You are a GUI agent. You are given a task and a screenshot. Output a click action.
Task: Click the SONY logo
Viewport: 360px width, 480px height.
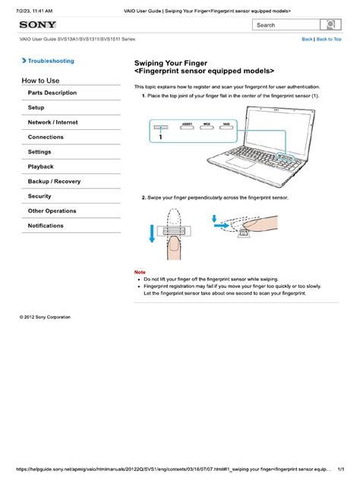pyautogui.click(x=37, y=24)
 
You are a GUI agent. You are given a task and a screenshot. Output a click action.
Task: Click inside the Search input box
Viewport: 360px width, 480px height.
pyautogui.click(x=285, y=24)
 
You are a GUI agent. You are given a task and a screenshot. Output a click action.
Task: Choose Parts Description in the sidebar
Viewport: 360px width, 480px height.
pyautogui.click(x=52, y=93)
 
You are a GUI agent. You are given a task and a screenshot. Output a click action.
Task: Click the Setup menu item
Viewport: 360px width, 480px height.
pyautogui.click(x=36, y=108)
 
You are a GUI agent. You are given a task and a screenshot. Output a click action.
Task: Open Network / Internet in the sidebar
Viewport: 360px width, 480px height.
pyautogui.click(x=53, y=122)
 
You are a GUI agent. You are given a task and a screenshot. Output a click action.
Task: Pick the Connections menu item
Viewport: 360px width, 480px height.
pyautogui.click(x=46, y=137)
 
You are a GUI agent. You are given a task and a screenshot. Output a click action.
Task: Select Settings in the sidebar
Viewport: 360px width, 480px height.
pyautogui.click(x=40, y=152)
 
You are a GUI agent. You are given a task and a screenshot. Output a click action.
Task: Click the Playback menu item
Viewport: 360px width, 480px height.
pyautogui.click(x=41, y=166)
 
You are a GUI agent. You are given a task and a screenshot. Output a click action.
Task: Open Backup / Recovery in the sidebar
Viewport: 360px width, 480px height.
pyautogui.click(x=54, y=182)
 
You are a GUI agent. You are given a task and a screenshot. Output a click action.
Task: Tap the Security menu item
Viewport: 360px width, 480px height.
pyautogui.click(x=40, y=196)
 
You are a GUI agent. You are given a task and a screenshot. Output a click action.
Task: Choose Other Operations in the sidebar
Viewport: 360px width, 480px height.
pyautogui.click(x=52, y=211)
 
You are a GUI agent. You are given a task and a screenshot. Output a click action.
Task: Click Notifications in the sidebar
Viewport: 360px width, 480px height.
pyautogui.click(x=46, y=226)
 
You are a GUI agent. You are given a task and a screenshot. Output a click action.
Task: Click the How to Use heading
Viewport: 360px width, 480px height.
pyautogui.click(x=42, y=80)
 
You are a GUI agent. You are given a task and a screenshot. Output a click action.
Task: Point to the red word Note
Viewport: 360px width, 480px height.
pyautogui.click(x=140, y=271)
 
